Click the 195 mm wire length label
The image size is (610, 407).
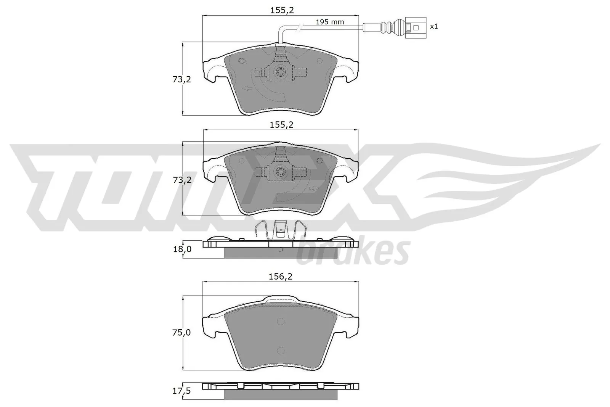coord(330,22)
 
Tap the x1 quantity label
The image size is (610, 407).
coord(434,26)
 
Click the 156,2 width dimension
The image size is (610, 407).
coord(281,277)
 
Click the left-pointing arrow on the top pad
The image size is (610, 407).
coord(248,88)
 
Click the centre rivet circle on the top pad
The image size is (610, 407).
coord(281,71)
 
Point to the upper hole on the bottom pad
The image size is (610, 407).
coord(281,321)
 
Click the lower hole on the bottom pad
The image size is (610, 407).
coord(281,351)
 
